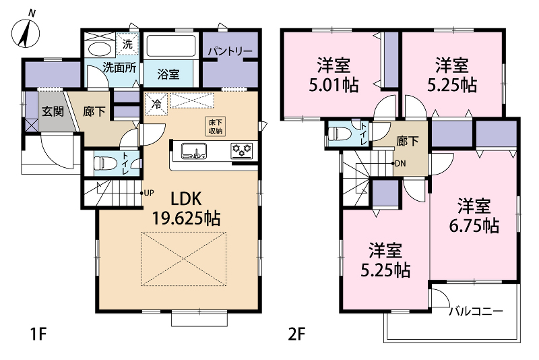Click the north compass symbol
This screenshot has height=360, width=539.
[26, 32]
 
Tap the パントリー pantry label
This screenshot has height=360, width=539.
[230, 52]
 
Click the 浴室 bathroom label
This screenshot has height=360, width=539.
[168, 74]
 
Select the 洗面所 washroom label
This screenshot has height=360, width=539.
[120, 67]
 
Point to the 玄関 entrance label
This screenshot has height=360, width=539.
[53, 111]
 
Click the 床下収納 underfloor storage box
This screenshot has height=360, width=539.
[216, 127]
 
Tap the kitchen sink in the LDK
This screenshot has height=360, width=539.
[194, 151]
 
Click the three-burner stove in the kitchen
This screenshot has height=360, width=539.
[242, 150]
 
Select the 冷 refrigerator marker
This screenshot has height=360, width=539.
[156, 104]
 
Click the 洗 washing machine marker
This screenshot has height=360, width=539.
[127, 44]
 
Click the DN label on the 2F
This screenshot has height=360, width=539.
[400, 163]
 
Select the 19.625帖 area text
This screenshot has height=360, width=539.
[186, 218]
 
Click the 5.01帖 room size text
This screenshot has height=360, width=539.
[334, 85]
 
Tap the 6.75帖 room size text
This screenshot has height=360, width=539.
[474, 226]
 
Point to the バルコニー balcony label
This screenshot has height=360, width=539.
[476, 311]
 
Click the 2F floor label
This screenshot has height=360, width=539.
[296, 334]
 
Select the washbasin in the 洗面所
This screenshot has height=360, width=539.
[99, 49]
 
